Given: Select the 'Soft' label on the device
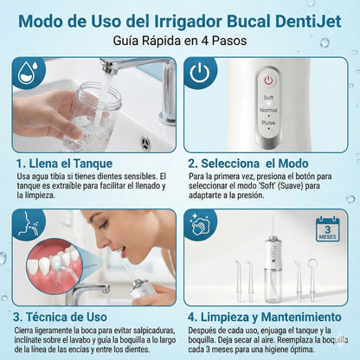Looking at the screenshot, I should (268, 97).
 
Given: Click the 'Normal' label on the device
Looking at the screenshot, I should (268, 111).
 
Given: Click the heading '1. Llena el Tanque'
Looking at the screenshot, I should (71, 161).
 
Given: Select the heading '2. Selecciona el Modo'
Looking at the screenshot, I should (254, 161).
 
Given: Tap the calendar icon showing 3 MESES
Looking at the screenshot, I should (328, 230).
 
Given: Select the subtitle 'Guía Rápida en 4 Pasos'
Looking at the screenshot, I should (179, 41).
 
